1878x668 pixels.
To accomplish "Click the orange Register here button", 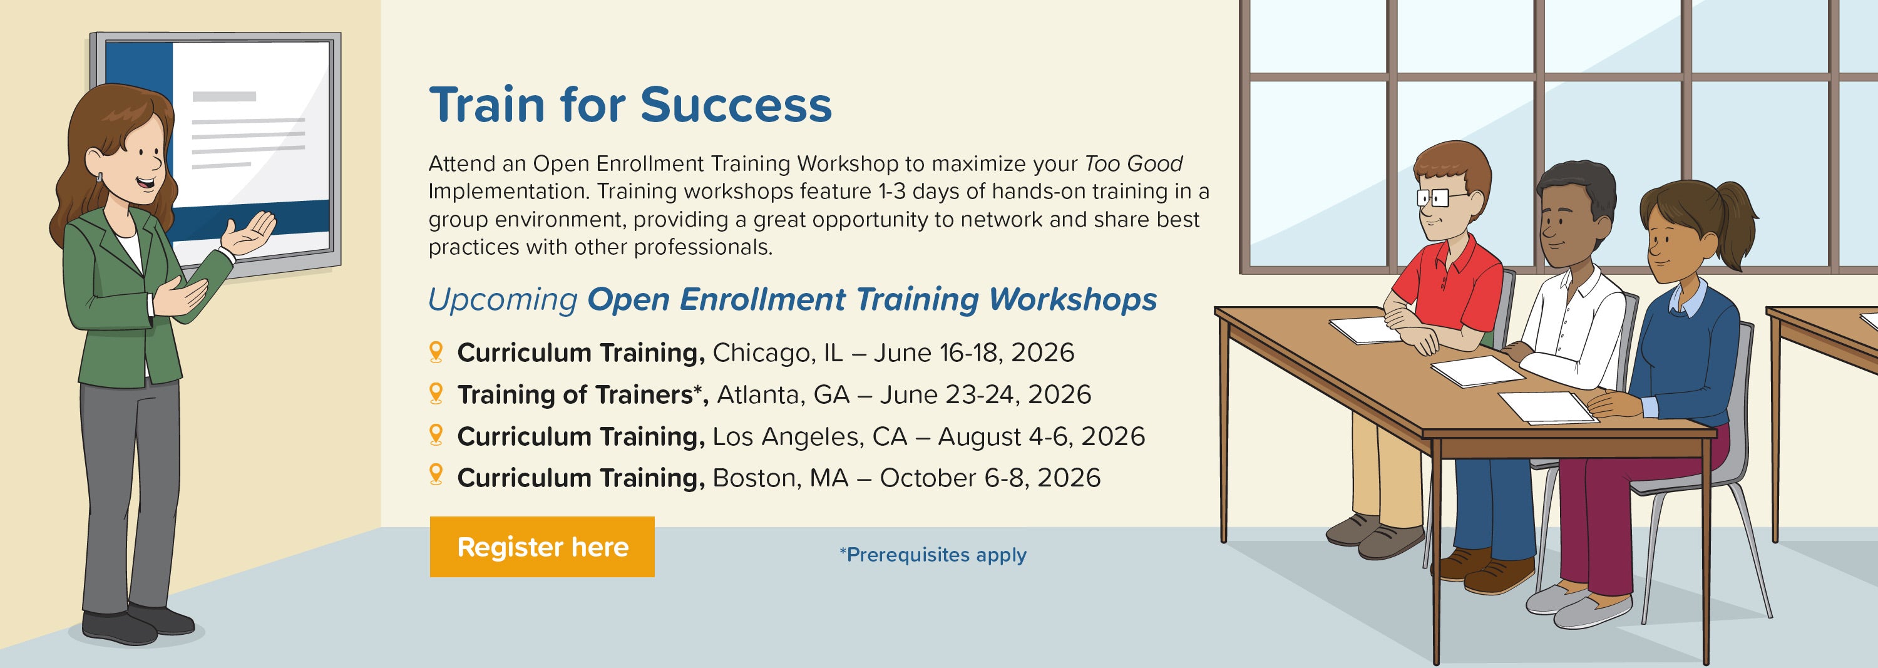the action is coord(541,547).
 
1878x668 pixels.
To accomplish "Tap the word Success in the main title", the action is coord(736,105).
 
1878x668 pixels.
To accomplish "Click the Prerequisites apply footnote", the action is coord(933,555).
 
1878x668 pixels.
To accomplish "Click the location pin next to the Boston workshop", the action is coord(436,475).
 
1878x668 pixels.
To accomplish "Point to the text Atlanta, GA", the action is coord(784,394).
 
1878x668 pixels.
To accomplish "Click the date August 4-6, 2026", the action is coord(1041,436).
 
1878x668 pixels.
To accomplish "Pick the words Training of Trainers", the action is coord(575,394).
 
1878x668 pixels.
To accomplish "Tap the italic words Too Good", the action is coord(1134,163).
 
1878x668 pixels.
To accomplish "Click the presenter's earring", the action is coord(98,177).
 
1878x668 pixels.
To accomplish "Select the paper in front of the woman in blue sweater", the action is coord(1546,406).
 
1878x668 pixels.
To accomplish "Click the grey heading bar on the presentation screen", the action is coord(224,96).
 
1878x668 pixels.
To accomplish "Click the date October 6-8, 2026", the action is coord(990,478).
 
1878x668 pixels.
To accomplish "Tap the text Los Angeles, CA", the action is coord(810,436).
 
